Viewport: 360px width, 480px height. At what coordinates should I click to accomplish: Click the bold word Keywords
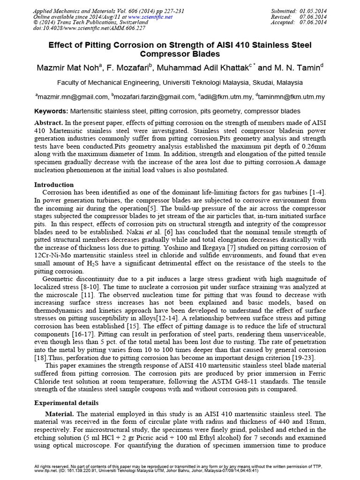pyautogui.click(x=52, y=112)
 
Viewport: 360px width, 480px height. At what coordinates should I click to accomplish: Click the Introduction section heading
pyautogui.click(x=54, y=185)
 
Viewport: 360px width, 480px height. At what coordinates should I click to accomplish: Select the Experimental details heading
pyautogui.click(x=67, y=403)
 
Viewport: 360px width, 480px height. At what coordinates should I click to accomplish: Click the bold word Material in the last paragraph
pyautogui.click(x=60, y=414)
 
